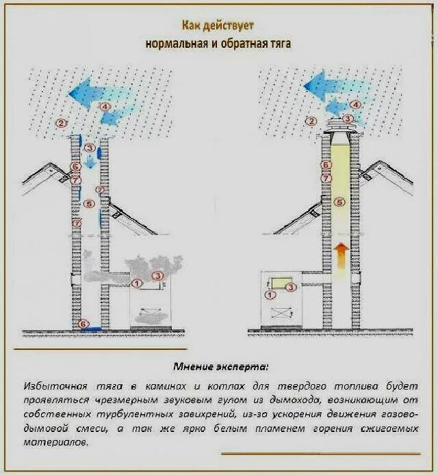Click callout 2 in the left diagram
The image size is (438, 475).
[62, 124]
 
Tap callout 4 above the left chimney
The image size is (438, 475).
[105, 107]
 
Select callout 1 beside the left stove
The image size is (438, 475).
[137, 282]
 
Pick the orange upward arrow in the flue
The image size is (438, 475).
[340, 256]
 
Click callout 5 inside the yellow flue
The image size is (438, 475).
[339, 202]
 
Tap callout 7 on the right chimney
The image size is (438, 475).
[326, 178]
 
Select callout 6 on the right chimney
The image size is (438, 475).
[326, 165]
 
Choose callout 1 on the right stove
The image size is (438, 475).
[270, 295]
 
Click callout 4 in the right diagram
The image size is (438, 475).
[355, 105]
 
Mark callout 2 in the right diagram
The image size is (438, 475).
[311, 122]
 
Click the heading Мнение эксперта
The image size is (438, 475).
[218, 366]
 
